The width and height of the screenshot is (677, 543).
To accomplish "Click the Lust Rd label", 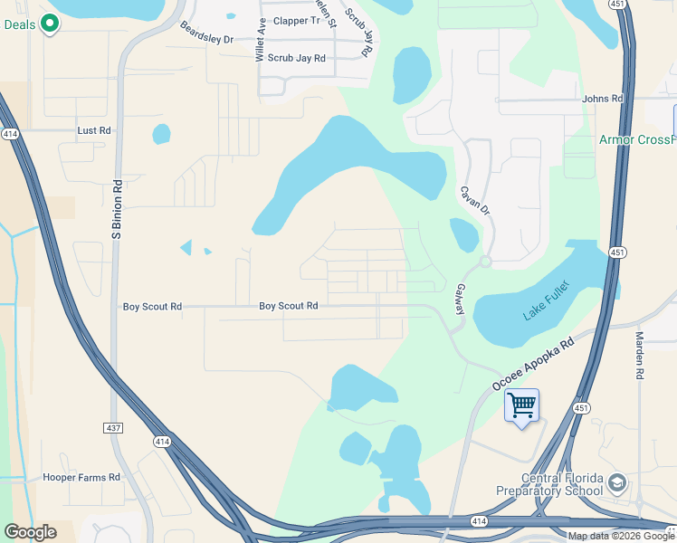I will click(x=94, y=130).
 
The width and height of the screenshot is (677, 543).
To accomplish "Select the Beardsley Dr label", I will click(x=206, y=33).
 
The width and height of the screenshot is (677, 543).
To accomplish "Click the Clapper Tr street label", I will click(x=297, y=20).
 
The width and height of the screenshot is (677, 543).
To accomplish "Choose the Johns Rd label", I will click(x=603, y=98).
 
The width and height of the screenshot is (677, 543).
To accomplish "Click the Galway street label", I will click(x=461, y=297).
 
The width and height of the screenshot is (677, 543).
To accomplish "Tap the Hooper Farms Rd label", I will click(x=81, y=477).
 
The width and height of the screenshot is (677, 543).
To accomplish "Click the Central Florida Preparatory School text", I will click(x=561, y=485).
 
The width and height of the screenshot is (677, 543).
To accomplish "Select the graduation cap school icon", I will click(x=618, y=481).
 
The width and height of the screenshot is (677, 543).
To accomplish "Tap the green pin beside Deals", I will click(x=51, y=24).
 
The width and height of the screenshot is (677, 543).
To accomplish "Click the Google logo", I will click(x=30, y=532).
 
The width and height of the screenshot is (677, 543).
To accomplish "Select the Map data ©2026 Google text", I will click(x=621, y=536).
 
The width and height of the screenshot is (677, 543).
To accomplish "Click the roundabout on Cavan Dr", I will click(x=485, y=262).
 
